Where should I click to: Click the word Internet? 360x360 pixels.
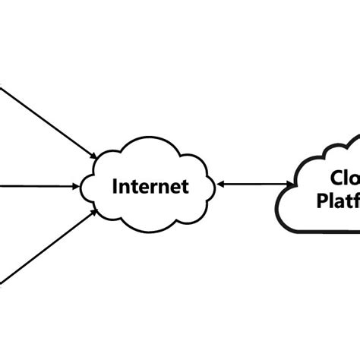tap(150, 186)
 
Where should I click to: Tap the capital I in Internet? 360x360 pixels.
tap(115, 186)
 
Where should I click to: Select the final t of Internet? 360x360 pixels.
tap(185, 186)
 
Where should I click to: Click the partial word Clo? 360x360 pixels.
tap(344, 178)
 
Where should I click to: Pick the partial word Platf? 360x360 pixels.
tap(336, 202)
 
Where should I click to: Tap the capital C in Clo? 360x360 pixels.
tap(335, 178)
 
